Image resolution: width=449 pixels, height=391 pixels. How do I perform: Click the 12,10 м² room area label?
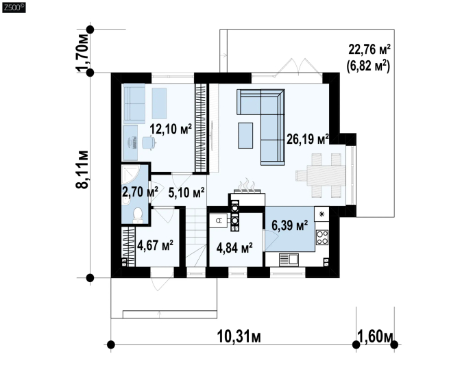coord(171,129)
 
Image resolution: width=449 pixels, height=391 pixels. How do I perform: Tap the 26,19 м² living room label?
coord(308,139)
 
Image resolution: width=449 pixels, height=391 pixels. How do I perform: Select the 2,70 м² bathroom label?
coord(140,192)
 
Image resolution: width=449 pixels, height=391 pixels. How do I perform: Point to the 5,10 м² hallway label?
coord(186,192)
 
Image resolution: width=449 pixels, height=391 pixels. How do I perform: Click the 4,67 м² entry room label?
coord(155,245)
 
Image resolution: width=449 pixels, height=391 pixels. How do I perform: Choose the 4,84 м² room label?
coord(234,248)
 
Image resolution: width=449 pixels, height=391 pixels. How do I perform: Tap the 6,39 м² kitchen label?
coord(290,225)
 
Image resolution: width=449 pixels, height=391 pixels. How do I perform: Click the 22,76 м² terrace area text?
coord(369,49)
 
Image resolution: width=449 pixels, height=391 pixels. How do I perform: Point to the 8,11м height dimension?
coord(82,169)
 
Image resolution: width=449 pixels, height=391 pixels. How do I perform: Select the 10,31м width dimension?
coord(239,336)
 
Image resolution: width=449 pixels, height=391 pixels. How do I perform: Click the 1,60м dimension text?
coord(375,336)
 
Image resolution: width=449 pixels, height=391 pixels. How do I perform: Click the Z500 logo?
coord(14,8)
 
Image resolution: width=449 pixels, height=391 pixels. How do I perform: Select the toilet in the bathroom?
coord(138,215)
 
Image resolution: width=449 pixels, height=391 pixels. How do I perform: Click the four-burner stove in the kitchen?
coord(322,238)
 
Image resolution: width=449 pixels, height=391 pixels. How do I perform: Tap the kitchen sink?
coord(289,260)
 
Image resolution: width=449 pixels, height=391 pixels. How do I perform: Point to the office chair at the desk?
coord(149,142)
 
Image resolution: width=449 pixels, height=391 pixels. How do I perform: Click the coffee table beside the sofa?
coord(245,136)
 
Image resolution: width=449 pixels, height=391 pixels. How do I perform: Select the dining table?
coord(326,175)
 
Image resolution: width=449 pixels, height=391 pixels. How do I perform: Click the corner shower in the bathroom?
coord(130,174)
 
